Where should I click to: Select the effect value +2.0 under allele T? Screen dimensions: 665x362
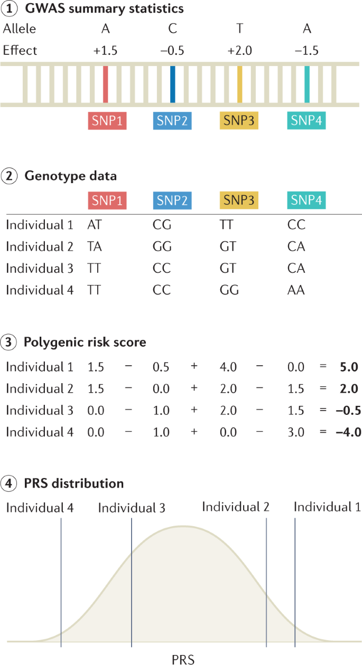pyautogui.click(x=239, y=50)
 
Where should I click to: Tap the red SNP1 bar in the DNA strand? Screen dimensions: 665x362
pyautogui.click(x=106, y=84)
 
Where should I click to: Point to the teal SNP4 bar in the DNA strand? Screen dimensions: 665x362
pyautogui.click(x=307, y=84)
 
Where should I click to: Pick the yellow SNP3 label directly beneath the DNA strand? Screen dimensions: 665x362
pyautogui.click(x=239, y=121)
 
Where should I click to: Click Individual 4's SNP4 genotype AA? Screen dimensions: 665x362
pyautogui.click(x=296, y=290)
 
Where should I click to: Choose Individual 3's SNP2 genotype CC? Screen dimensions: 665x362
pyautogui.click(x=162, y=268)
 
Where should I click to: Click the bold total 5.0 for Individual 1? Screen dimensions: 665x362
pyautogui.click(x=349, y=367)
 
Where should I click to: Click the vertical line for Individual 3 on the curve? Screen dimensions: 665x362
pyautogui.click(x=132, y=581)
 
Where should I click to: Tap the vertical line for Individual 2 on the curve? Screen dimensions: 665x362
pyautogui.click(x=266, y=581)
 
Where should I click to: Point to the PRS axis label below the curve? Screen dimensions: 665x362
pyautogui.click(x=183, y=659)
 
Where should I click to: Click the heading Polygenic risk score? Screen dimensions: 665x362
pyautogui.click(x=85, y=342)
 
